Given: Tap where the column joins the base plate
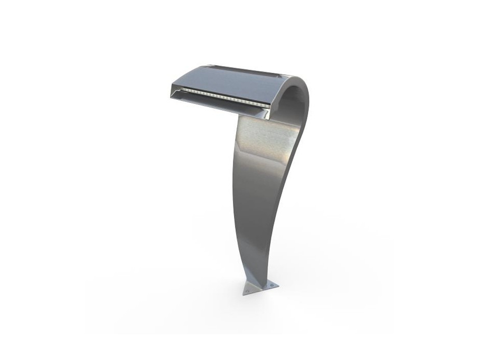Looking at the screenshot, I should pos(259,281).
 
